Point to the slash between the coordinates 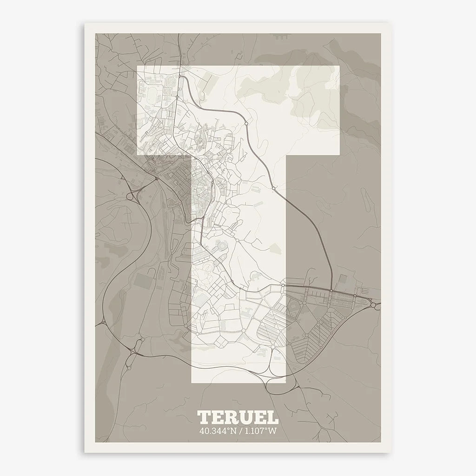point(238,430)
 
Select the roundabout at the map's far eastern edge point(374,305)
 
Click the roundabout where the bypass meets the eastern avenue point(331,291)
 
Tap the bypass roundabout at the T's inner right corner point(274,188)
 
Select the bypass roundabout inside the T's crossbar point(245,123)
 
